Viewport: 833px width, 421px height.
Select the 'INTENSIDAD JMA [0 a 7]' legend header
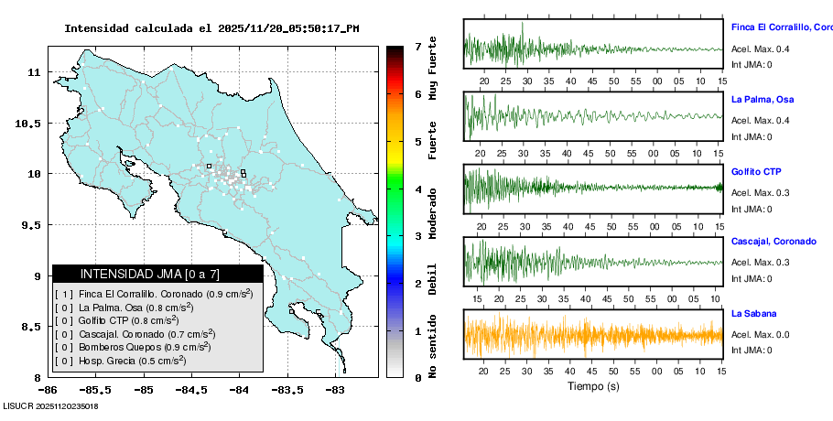pos(157,274)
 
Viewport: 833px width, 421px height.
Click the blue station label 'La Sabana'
pos(754,314)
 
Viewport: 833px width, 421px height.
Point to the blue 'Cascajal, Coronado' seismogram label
pos(773,242)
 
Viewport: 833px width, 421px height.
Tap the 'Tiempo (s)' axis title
pos(592,386)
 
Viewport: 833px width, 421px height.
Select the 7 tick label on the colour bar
pos(417,46)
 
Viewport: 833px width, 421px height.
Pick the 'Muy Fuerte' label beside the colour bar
pos(433,68)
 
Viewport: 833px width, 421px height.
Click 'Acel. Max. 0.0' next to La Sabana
pos(760,335)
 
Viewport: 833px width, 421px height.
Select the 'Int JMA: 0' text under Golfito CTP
pos(752,210)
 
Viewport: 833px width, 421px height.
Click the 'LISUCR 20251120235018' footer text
pos(50,405)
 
